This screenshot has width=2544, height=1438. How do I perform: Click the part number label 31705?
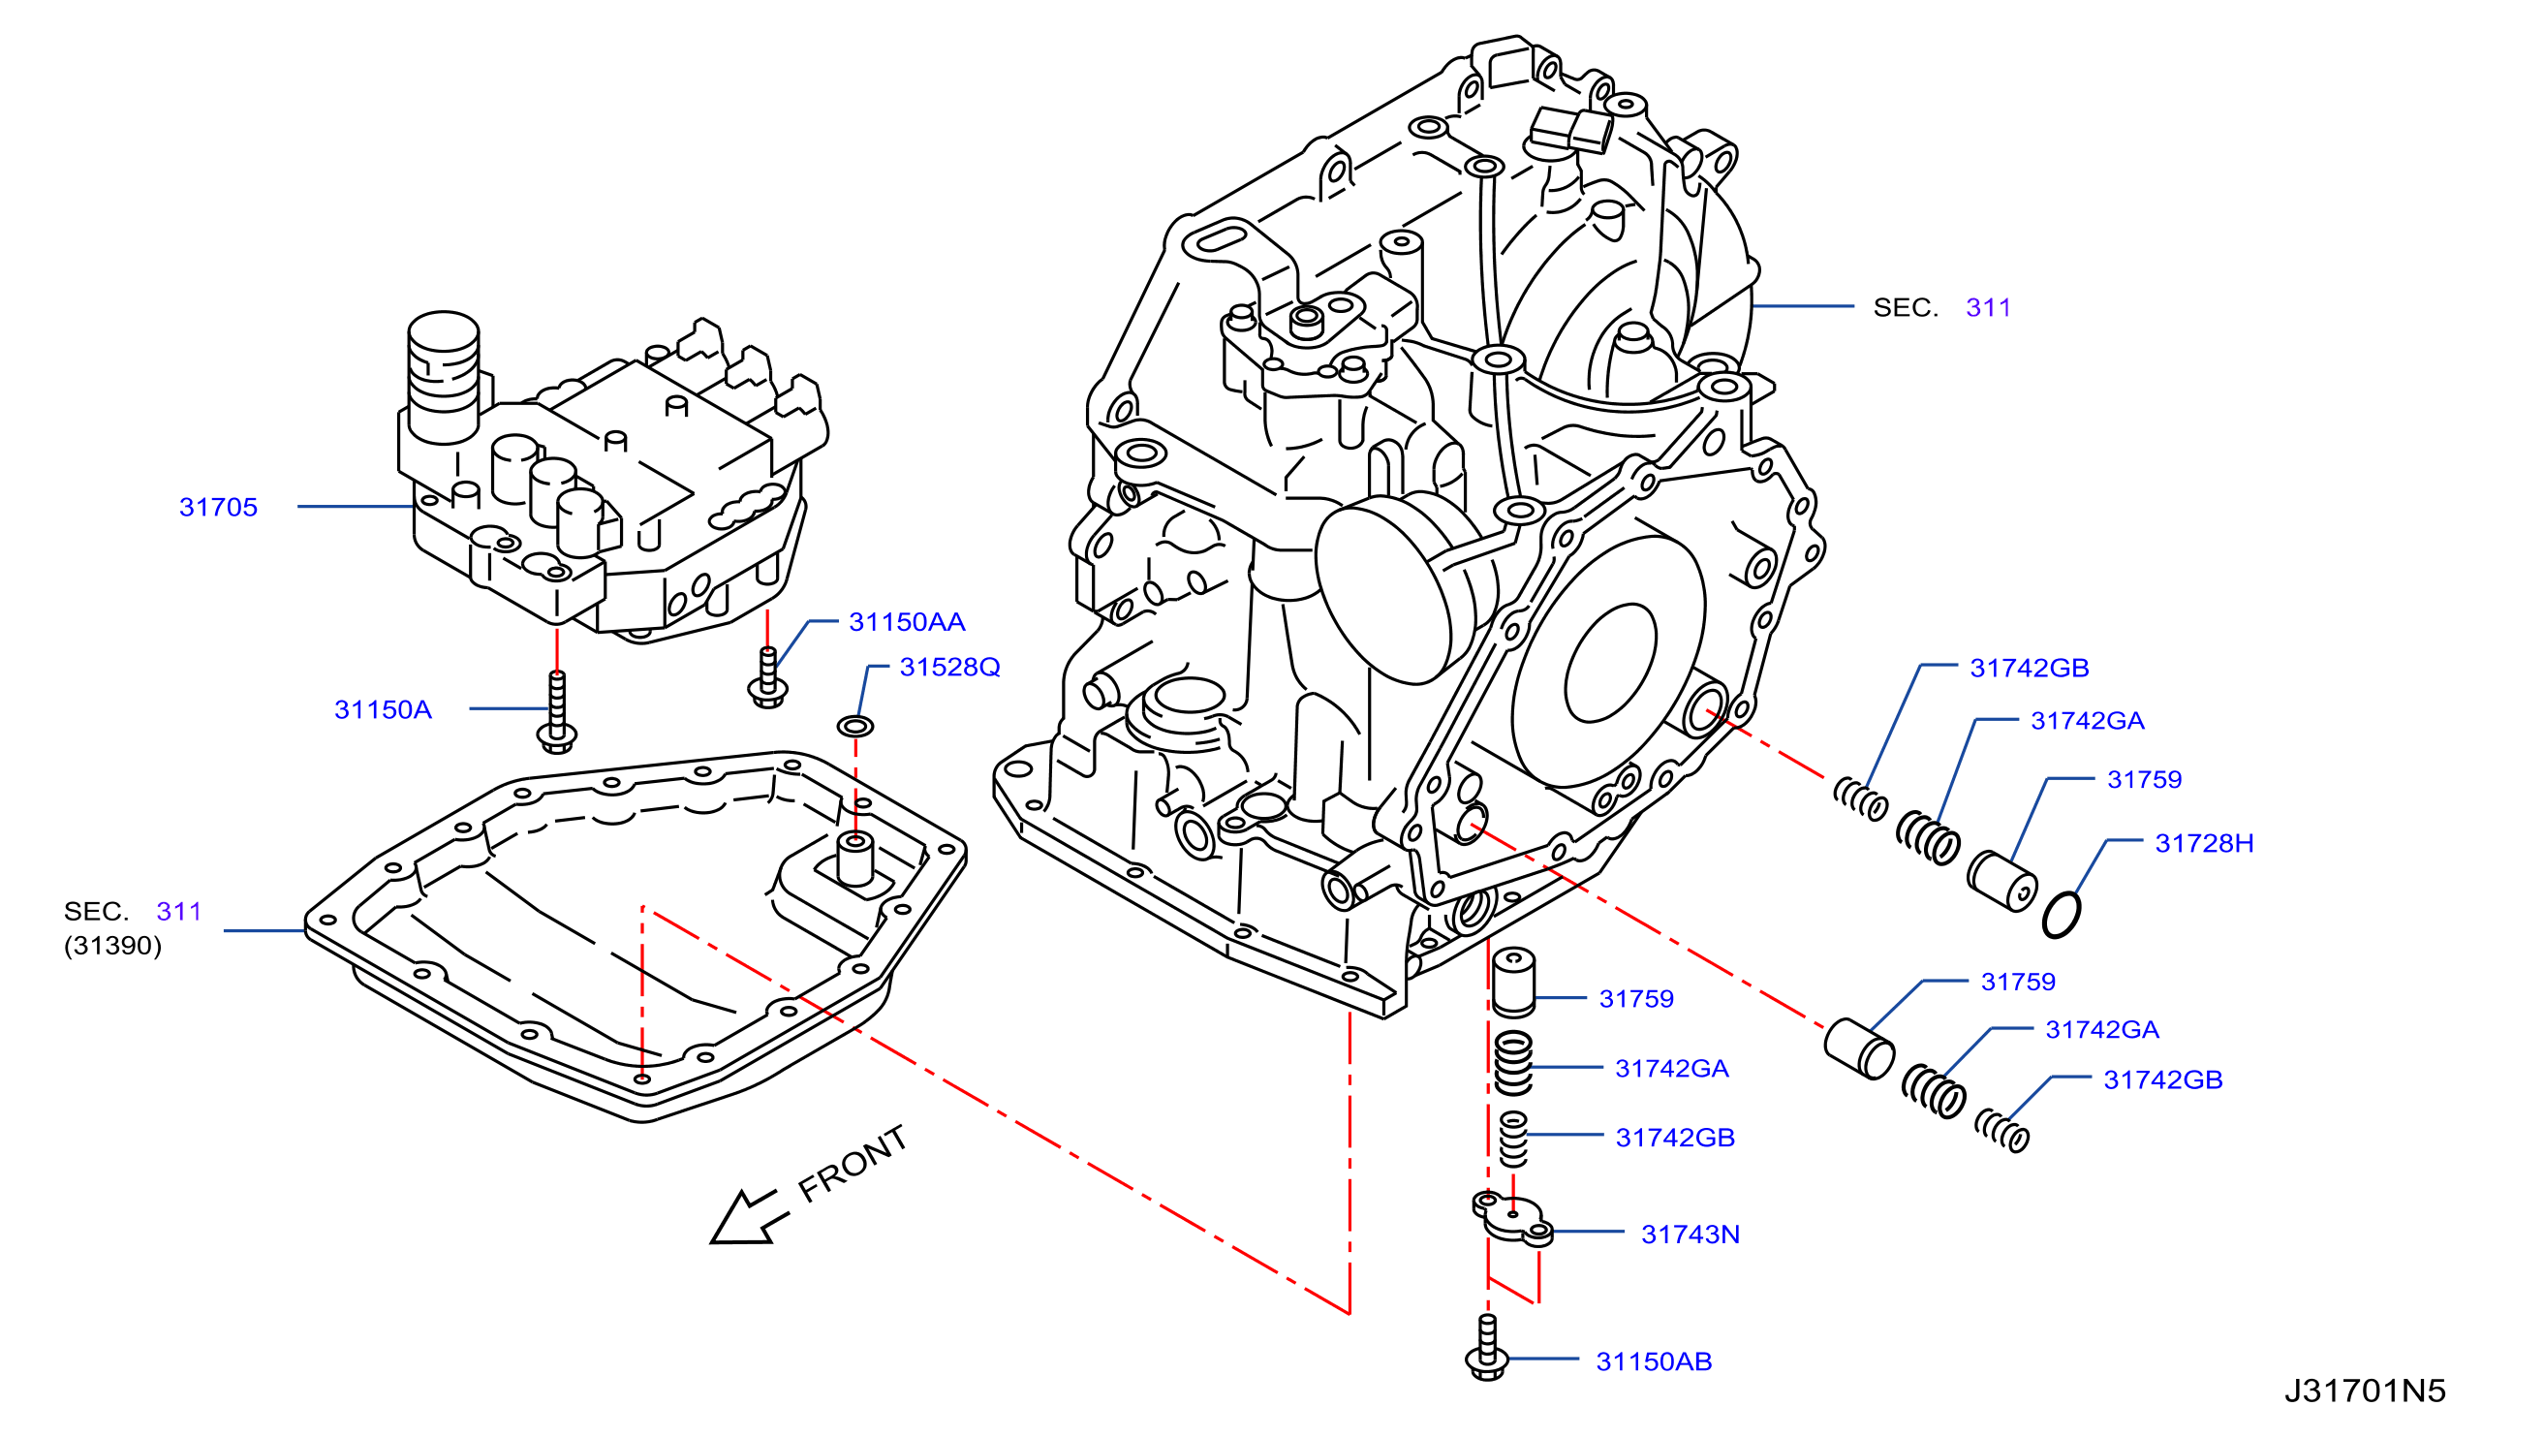pos(218,508)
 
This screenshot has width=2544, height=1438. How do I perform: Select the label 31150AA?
pos(907,622)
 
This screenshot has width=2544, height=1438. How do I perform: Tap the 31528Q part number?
pos(950,668)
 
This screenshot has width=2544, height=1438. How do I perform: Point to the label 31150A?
pos(384,710)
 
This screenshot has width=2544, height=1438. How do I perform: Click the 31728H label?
pos(2204,843)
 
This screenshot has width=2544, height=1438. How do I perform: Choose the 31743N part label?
pos(1691,1235)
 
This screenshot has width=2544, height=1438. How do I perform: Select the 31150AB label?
pos(1655,1362)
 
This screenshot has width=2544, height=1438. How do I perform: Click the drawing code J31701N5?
pos(2365,1391)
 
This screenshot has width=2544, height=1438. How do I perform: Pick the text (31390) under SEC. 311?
pos(112,946)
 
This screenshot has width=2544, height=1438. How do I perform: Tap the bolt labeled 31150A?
pos(557,712)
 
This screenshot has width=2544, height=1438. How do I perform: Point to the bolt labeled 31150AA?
pos(767,676)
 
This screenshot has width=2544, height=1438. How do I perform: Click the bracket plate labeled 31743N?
pos(1513,1217)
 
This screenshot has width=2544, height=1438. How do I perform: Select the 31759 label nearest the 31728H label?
pos(2144,780)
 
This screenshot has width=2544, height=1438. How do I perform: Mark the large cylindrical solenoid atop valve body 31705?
pos(444,376)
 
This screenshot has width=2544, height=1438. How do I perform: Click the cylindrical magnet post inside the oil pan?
pos(855,859)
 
